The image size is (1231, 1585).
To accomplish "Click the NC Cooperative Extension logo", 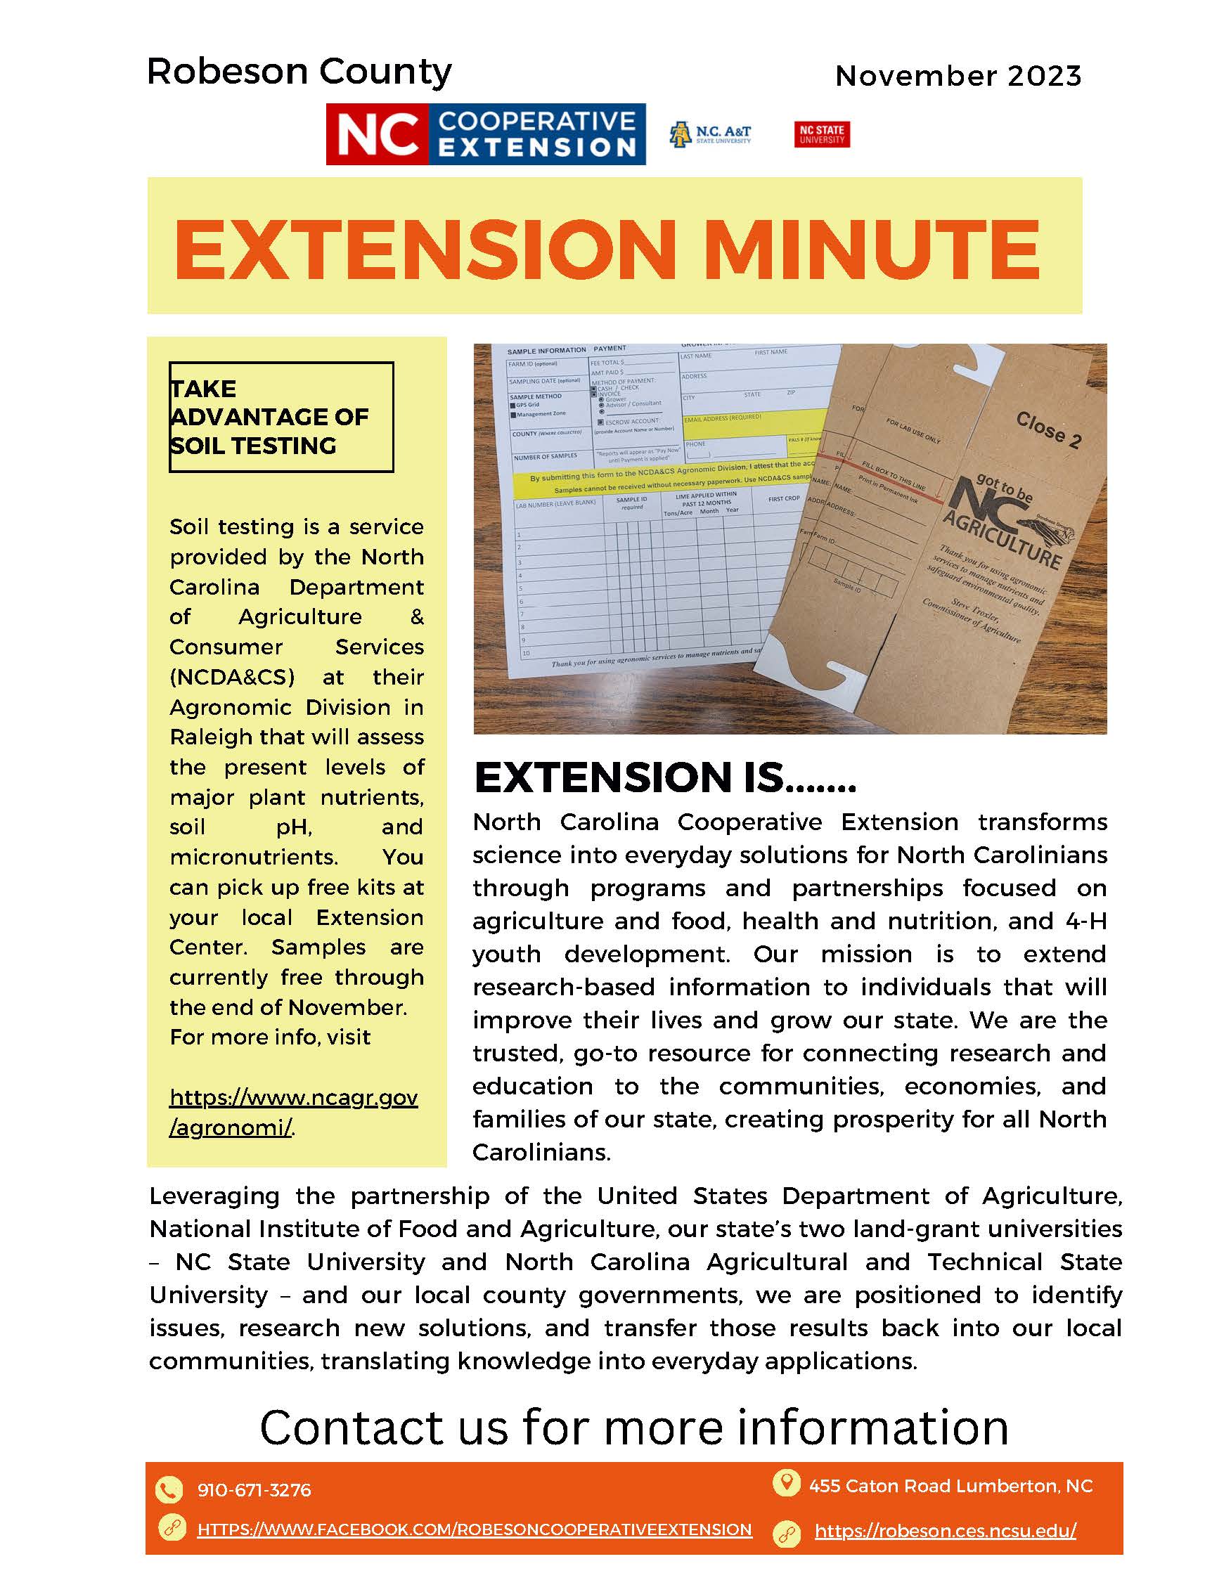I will tap(485, 134).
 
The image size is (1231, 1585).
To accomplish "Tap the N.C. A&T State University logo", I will tap(710, 135).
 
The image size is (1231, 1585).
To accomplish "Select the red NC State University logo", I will tap(822, 135).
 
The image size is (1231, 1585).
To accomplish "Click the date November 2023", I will tap(958, 76).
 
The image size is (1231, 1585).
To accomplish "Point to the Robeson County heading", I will tap(299, 72).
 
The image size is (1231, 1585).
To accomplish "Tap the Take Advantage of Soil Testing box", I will tap(281, 417).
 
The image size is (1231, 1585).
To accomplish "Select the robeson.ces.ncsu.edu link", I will tap(945, 1532).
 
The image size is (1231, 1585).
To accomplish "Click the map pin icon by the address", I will tap(785, 1482).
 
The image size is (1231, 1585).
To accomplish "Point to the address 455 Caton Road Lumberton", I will tap(950, 1487).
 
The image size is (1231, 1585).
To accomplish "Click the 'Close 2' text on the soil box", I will tap(1048, 429).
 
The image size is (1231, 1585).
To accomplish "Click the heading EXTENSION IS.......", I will tap(664, 777).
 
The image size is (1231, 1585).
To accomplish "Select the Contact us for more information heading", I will tap(633, 1427).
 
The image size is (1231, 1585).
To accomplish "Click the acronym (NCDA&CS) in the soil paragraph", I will tap(232, 677).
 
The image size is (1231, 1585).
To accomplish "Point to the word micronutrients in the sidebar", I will tap(253, 857).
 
